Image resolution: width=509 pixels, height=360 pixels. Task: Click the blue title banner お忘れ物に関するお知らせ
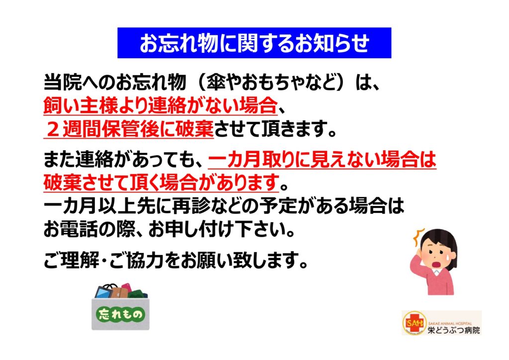254,43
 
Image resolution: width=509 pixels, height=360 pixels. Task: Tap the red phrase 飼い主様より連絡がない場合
161,105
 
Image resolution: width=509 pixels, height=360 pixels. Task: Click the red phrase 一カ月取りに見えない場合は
322,160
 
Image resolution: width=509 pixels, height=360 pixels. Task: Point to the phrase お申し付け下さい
216,229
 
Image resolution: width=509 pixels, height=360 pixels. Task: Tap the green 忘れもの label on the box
120,314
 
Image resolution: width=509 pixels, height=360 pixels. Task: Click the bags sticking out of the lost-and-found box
121,291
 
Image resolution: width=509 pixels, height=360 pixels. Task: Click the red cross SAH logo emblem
415,323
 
